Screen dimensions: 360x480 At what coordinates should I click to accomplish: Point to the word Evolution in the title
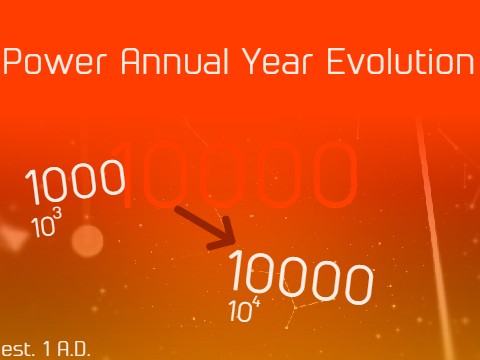pyautogui.click(x=399, y=63)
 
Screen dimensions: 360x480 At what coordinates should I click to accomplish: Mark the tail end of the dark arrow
pyautogui.click(x=178, y=208)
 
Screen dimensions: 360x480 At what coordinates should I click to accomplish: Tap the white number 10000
pyautogui.click(x=300, y=278)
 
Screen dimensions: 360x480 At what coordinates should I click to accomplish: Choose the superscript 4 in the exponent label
pyautogui.click(x=257, y=302)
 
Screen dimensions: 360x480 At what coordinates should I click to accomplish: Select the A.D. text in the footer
pyautogui.click(x=71, y=350)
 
